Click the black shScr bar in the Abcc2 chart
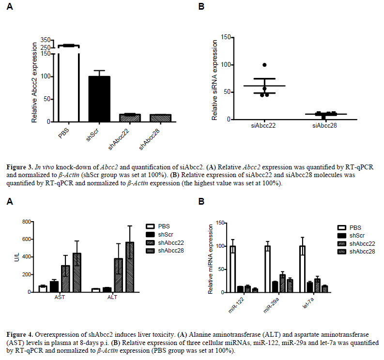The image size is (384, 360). tap(99, 99)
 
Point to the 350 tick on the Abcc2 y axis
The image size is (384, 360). tap(46, 40)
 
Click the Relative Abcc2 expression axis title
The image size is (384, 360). tap(35, 82)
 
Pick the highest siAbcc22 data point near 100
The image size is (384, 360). tap(264, 65)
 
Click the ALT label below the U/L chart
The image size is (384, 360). tap(112, 297)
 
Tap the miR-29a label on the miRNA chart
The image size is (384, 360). tap(268, 305)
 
